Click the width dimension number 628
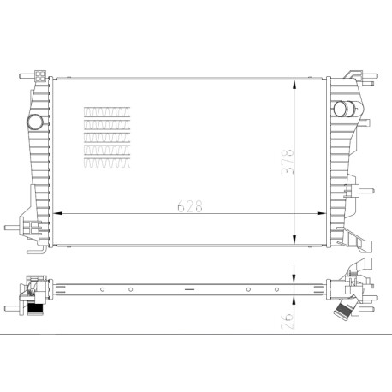tap(190, 206)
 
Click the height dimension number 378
tap(288, 161)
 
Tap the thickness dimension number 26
tap(288, 322)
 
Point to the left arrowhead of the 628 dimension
tap(58, 213)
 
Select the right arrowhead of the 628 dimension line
tap(322, 213)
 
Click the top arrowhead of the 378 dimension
tap(294, 85)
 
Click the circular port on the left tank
tap(35, 122)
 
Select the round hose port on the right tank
tap(342, 109)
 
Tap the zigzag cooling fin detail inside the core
tap(107, 137)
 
